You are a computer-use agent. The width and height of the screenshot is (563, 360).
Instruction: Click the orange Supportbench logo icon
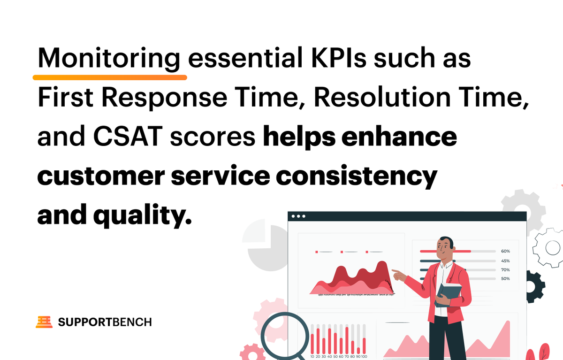(x=44, y=322)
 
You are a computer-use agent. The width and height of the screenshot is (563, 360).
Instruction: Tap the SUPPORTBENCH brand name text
(x=105, y=322)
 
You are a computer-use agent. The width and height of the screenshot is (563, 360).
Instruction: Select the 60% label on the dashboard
(x=505, y=251)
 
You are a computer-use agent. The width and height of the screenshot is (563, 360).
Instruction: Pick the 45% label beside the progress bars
(x=505, y=260)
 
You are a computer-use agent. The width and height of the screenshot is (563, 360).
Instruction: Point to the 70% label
(x=505, y=270)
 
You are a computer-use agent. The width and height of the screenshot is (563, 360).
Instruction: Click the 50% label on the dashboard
(x=505, y=279)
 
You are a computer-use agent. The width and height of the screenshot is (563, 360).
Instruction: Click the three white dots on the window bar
(x=298, y=216)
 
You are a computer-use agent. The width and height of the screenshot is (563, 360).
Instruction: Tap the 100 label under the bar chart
(x=364, y=356)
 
